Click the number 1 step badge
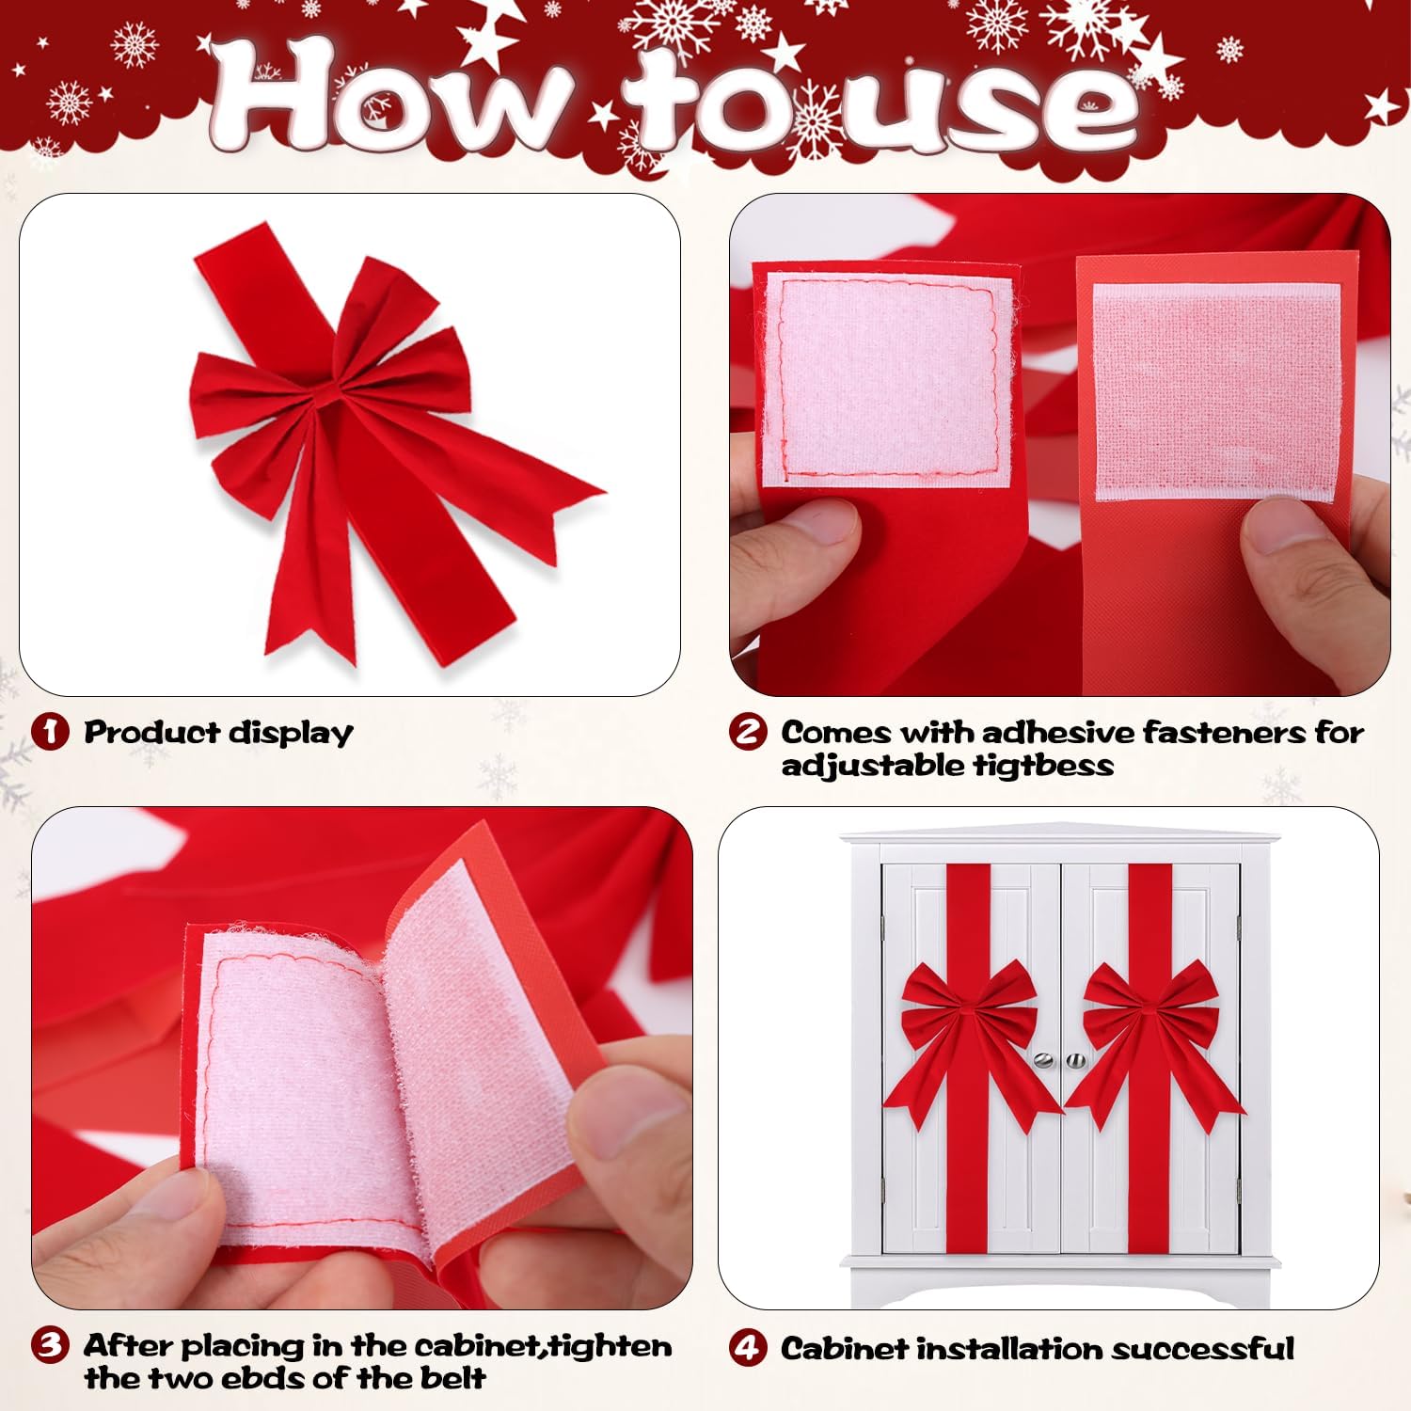click(50, 732)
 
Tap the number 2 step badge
click(748, 732)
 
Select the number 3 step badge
click(50, 1345)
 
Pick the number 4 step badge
click(748, 1348)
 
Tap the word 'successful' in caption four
click(1202, 1348)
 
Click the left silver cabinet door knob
click(1043, 1060)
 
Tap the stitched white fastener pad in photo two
click(889, 378)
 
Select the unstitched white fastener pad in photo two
click(1217, 392)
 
